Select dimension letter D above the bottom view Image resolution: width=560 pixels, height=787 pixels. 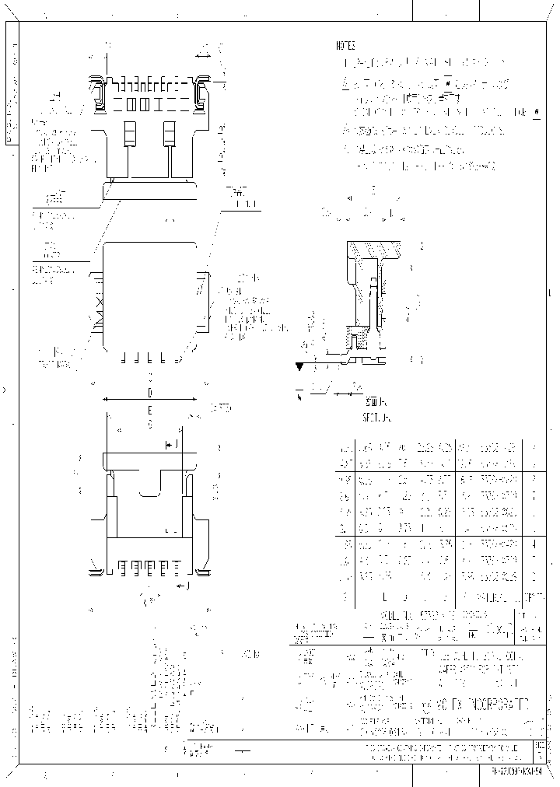tap(150, 391)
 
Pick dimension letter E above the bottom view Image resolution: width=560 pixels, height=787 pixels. tap(150, 409)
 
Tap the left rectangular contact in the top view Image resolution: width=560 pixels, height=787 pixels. tap(130, 133)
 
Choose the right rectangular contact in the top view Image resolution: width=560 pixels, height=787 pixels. tap(168, 133)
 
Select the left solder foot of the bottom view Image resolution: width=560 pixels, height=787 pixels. tap(96, 573)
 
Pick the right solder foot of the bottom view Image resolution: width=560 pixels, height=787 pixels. tap(202, 573)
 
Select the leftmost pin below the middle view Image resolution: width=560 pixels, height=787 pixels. tap(123, 359)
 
